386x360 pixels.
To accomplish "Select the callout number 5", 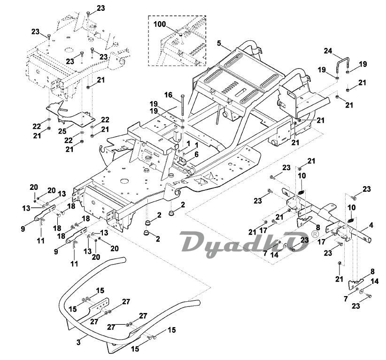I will point(219,43).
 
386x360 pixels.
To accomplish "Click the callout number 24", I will point(327,51).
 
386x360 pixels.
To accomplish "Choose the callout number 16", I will point(169,94).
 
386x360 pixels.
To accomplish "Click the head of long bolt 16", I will point(181,97).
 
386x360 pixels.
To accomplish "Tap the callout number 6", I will point(196,154).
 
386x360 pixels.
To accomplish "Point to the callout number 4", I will point(371,225).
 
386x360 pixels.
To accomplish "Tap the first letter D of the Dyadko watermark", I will point(193,244).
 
